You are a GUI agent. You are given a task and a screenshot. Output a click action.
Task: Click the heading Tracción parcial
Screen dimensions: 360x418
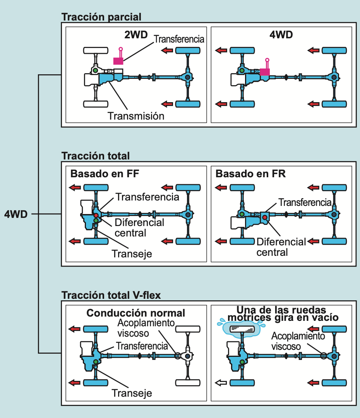pos(101,17)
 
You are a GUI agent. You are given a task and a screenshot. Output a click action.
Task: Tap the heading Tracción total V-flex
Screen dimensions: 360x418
pos(111,295)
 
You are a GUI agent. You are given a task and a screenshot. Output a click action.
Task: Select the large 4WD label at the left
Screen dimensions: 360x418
pos(16,214)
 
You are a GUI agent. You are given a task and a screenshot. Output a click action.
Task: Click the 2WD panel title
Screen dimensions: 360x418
pos(136,35)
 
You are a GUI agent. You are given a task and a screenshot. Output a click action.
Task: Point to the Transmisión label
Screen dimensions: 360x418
pos(136,116)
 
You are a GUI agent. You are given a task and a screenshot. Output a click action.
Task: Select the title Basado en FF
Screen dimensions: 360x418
pos(105,173)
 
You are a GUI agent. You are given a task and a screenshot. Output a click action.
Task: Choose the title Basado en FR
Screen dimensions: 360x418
pos(250,173)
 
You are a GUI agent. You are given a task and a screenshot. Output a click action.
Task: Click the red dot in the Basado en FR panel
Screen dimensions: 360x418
pos(264,218)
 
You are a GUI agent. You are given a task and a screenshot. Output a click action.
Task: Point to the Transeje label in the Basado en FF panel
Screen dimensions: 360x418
pos(132,254)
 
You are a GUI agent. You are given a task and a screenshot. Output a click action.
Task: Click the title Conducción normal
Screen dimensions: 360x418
pos(136,313)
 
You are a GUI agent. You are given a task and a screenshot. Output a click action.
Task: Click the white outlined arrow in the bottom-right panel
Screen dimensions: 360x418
pos(221,383)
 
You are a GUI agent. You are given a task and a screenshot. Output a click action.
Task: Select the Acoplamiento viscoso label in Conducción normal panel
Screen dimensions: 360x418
pos(146,328)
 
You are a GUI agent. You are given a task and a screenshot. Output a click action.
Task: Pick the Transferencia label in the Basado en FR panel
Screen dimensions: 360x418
pos(305,202)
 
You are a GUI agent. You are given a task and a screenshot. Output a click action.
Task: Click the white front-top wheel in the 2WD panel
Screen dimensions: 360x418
pos(96,50)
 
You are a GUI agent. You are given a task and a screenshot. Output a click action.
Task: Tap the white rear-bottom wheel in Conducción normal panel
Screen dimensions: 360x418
pos(188,383)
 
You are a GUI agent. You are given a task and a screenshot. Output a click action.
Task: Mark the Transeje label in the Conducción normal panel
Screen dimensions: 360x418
pos(132,393)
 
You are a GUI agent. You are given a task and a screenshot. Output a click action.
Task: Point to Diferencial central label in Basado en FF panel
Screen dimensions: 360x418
pos(139,228)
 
